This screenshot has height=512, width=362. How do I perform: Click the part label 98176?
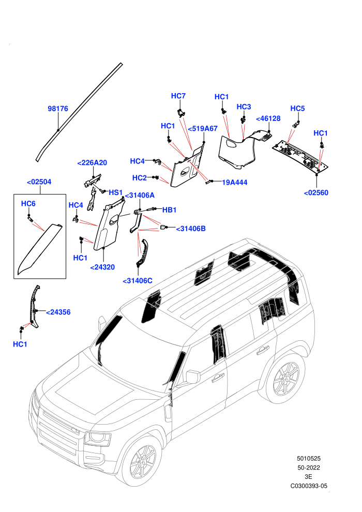[x=58, y=109]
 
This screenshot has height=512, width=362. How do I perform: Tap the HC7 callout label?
[x=178, y=96]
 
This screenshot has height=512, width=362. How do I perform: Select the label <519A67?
[x=203, y=129]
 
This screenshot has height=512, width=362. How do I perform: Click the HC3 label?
[x=244, y=107]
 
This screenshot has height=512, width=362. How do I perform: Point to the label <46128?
[x=268, y=118]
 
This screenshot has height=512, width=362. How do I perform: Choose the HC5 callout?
[x=297, y=109]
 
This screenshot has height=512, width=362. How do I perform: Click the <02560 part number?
[x=316, y=193]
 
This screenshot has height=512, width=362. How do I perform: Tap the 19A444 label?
[x=234, y=183]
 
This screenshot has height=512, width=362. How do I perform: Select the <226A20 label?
[x=92, y=162]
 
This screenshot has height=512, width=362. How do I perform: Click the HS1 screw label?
[x=115, y=192]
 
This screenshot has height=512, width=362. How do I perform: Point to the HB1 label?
[x=170, y=210]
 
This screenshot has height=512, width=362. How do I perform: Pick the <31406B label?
[x=191, y=229]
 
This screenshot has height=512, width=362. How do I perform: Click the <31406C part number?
[x=138, y=281]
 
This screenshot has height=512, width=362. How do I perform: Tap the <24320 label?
[x=102, y=267]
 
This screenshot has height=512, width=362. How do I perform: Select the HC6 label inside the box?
[x=28, y=204]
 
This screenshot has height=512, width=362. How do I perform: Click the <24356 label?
[x=58, y=312]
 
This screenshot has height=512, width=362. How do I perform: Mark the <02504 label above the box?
[x=39, y=182]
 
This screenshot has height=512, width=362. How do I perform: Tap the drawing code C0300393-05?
[x=309, y=486]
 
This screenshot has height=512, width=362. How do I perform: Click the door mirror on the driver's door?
[x=192, y=377]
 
